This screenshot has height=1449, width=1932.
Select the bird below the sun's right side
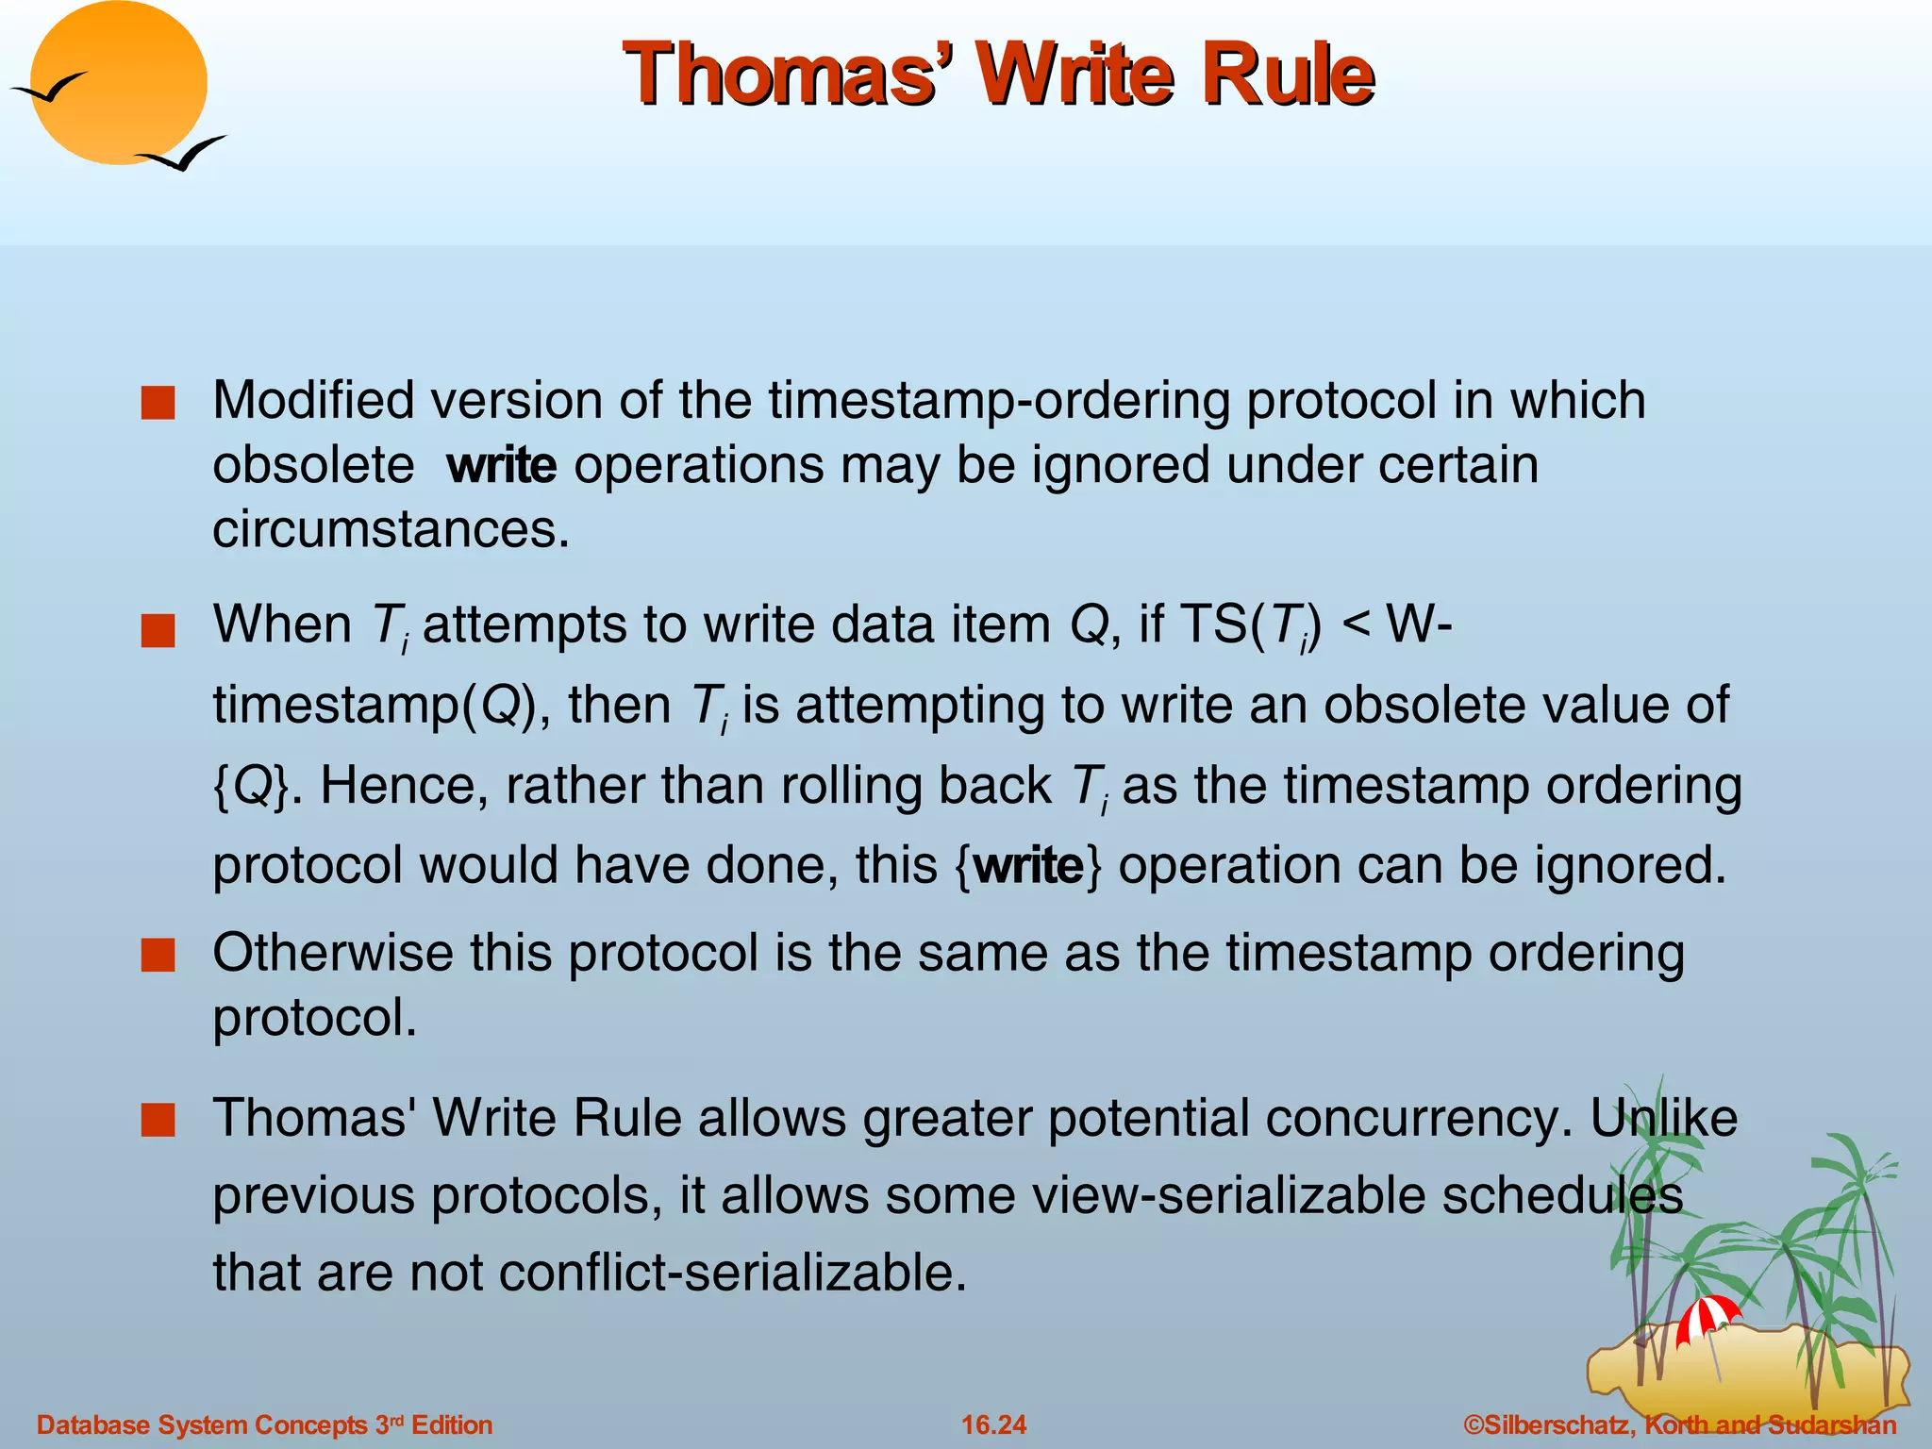[x=183, y=154]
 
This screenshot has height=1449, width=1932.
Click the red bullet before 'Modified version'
[x=158, y=403]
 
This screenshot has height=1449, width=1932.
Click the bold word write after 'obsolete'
[x=502, y=465]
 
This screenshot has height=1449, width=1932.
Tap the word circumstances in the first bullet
[x=391, y=529]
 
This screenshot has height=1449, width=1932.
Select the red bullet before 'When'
[x=158, y=630]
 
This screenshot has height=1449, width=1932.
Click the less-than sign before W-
[x=1355, y=625]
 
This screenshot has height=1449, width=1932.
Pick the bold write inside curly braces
[x=1028, y=865]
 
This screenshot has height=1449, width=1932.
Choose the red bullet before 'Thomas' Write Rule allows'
[x=158, y=1120]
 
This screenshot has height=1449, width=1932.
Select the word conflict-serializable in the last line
[x=732, y=1273]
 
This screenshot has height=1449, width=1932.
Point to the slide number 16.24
[x=993, y=1424]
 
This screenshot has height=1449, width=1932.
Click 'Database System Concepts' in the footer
[x=202, y=1424]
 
